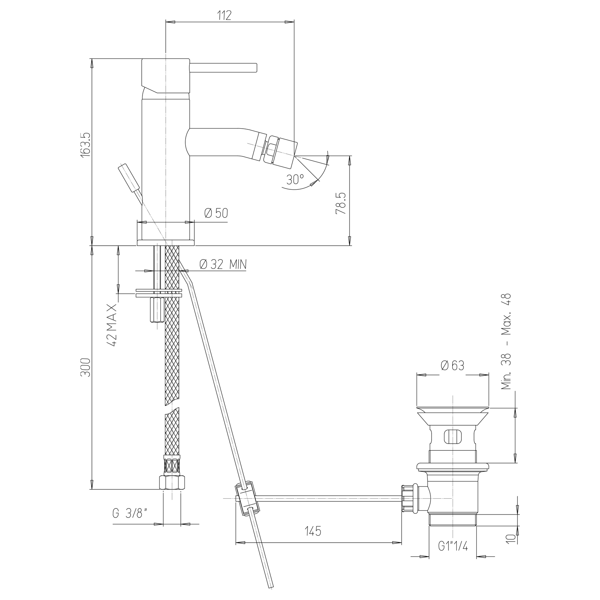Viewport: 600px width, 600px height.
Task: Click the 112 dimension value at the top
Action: tap(224, 15)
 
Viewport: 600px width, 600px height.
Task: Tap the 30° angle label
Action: tap(295, 180)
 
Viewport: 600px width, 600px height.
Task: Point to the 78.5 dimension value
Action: tap(340, 204)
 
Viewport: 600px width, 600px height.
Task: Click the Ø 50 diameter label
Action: tap(216, 213)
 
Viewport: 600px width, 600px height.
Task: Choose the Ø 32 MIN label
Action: tap(223, 265)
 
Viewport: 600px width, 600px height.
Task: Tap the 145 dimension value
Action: tap(313, 531)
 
